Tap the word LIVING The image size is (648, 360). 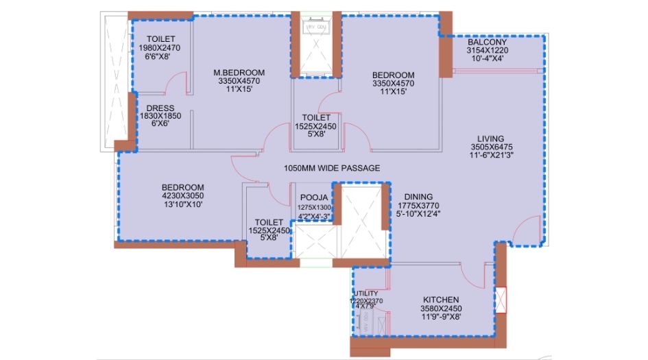pos(492,139)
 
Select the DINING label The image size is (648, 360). pos(419,195)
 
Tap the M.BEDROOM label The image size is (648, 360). pos(239,73)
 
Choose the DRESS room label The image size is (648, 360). pos(160,108)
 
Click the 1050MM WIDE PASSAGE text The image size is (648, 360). pos(332,168)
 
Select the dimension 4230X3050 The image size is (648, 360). pos(182,195)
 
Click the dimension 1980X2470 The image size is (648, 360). pos(158,48)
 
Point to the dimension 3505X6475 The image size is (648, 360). pos(492,147)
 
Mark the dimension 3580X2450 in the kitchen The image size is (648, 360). pos(436,309)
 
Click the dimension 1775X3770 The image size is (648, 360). pos(419,204)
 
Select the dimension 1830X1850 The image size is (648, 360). pos(160,117)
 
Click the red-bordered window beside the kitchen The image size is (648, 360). pos(502,300)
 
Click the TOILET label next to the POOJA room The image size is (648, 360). pos(268,222)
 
